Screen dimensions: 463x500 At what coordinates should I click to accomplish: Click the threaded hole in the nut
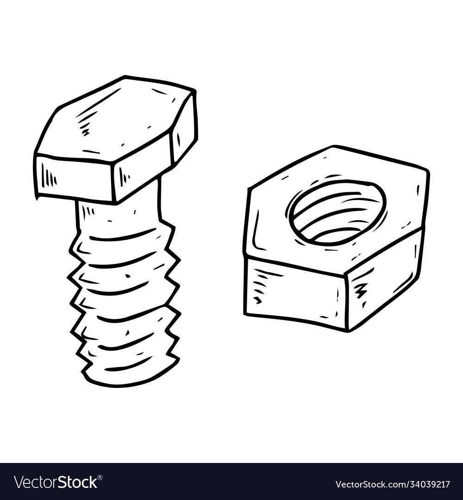(338, 212)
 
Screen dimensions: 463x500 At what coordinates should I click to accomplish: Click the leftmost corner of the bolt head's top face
(35, 156)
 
